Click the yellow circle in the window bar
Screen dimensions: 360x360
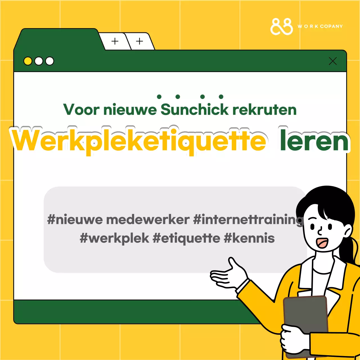(x=28, y=61)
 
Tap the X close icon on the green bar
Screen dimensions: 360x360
(x=333, y=61)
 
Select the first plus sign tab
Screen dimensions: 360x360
(x=115, y=41)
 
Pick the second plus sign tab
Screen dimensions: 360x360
(x=139, y=41)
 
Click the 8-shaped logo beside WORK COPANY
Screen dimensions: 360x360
(x=282, y=26)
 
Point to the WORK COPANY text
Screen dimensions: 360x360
(x=320, y=26)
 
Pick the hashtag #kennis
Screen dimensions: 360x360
(x=249, y=238)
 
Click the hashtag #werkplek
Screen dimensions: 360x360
(x=114, y=238)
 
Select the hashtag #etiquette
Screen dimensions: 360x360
(x=186, y=238)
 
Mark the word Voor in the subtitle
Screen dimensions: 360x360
(x=81, y=110)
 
